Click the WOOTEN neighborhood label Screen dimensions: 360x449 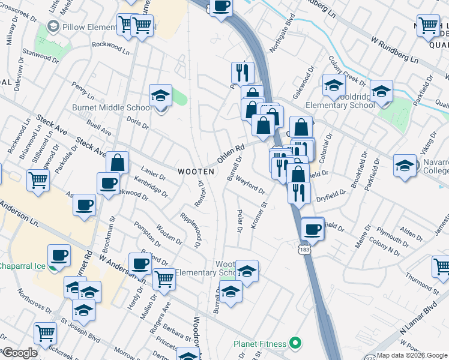[x=196, y=172]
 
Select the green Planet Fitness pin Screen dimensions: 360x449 [x=295, y=344]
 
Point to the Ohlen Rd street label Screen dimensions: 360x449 [x=231, y=155]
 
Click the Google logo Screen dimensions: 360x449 [x=20, y=353]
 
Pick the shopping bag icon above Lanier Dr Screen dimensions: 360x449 [x=118, y=163]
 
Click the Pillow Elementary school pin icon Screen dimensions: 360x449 [x=53, y=27]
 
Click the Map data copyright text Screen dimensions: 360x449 [x=412, y=355]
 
